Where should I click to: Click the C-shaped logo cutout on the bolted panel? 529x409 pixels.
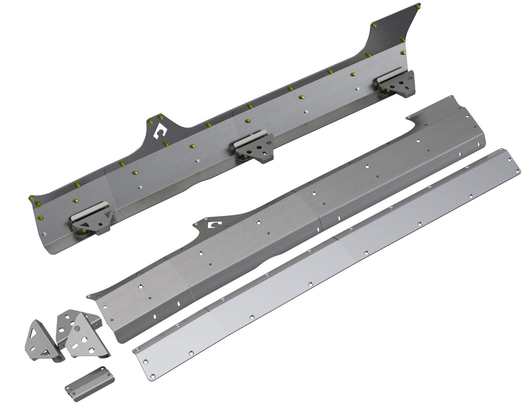point(160,131)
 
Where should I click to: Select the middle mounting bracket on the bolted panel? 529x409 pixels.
point(254,146)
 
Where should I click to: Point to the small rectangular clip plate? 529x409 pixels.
point(90,381)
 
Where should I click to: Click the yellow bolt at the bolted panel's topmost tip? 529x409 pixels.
point(418,7)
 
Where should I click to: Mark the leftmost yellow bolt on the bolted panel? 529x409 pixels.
point(31,199)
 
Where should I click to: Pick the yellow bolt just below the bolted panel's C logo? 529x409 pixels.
point(166,143)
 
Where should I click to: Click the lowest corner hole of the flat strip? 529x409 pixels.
point(152,376)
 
